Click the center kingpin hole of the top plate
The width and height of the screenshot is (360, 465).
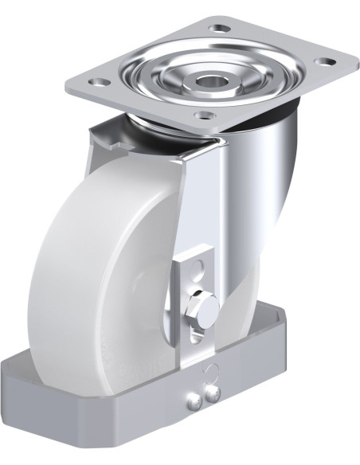pyautogui.click(x=212, y=80)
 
